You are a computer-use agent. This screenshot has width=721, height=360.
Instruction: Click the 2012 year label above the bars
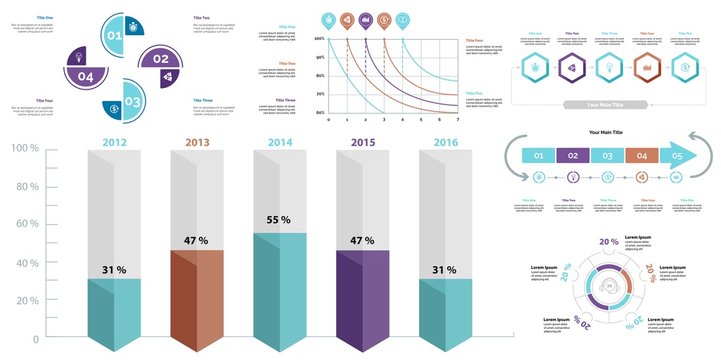(x=114, y=142)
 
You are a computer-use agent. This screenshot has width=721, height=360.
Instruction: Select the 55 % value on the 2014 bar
(x=279, y=219)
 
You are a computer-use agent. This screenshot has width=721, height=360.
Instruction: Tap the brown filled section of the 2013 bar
(x=197, y=295)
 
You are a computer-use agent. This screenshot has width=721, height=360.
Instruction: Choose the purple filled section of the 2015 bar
(x=361, y=295)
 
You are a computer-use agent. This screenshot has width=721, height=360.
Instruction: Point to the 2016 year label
(x=444, y=142)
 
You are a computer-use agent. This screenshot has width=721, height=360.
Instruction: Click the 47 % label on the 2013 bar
(x=196, y=240)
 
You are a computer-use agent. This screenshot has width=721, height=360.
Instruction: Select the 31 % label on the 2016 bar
(x=444, y=270)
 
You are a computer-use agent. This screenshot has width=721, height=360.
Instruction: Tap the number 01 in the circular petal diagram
(x=114, y=36)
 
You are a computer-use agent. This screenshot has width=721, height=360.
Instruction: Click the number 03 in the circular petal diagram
(x=132, y=101)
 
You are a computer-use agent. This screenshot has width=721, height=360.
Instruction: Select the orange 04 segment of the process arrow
(x=641, y=156)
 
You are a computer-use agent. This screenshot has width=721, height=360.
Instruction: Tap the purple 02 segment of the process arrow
(x=571, y=156)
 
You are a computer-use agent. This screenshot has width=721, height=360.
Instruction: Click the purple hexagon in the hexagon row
(x=570, y=69)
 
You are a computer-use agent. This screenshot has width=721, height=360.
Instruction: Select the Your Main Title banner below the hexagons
(x=608, y=103)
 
